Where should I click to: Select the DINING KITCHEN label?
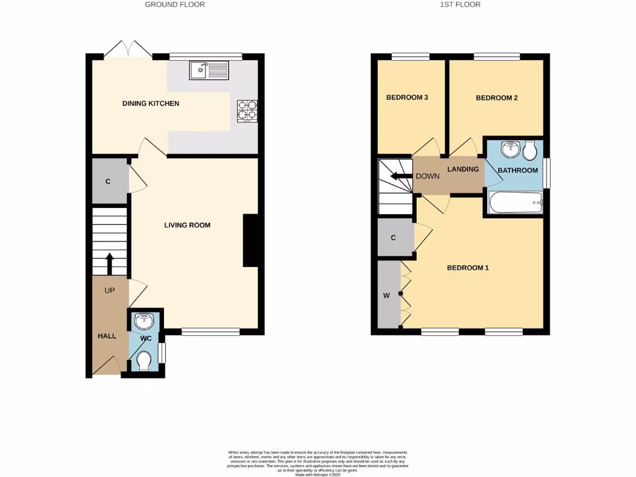point(150,103)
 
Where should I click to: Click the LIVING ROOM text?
point(187,225)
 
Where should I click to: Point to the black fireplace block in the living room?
point(250,241)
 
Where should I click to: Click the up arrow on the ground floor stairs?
point(110,263)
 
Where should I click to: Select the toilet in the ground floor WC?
point(143,360)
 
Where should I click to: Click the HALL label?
point(107,336)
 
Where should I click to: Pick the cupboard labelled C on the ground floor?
point(108,181)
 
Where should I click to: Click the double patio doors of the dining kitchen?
point(127,50)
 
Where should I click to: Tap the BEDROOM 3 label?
point(407,98)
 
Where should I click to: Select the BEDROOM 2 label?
point(496,98)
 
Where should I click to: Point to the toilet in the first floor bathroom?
point(530,150)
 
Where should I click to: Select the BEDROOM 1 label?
point(468,268)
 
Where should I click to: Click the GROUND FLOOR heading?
point(175,4)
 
